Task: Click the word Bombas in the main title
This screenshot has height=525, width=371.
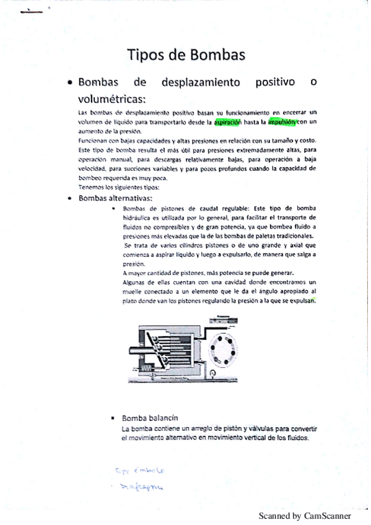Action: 214,55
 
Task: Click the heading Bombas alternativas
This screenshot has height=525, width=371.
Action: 115,198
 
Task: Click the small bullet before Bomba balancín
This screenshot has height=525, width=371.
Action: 113,418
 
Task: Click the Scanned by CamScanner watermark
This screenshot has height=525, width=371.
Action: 305,515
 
